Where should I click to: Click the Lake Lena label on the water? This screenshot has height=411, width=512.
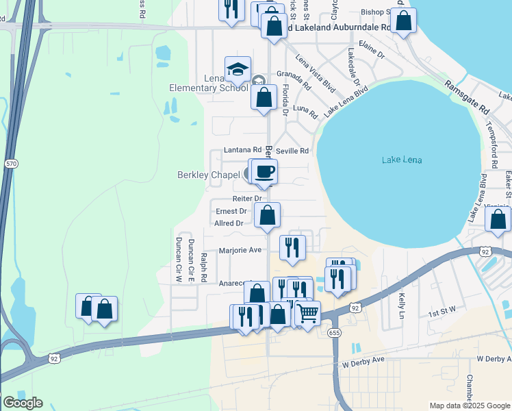(402, 160)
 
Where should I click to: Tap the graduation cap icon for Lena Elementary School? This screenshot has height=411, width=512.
(238, 69)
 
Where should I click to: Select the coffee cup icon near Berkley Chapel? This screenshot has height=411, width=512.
(264, 171)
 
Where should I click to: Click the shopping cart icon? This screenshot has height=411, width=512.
(307, 313)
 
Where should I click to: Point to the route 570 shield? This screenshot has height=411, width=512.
(11, 164)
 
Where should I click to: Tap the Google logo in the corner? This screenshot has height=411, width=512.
(22, 403)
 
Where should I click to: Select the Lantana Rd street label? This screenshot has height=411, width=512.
(243, 150)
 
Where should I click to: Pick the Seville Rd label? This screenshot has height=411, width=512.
(292, 151)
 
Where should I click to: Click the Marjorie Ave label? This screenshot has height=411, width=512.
(240, 250)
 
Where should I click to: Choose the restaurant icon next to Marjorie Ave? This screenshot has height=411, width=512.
(293, 248)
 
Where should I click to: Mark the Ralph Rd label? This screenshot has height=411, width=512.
(203, 267)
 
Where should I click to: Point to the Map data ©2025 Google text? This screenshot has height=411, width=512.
(470, 405)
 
